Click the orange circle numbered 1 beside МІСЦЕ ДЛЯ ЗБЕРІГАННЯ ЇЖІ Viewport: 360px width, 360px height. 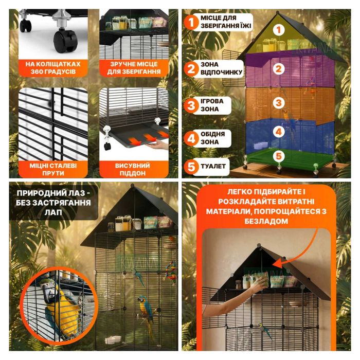[191, 22]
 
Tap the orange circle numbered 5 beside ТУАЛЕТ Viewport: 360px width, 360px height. [191, 167]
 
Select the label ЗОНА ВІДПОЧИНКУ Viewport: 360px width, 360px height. [221, 68]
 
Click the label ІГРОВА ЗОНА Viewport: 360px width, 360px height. [212, 105]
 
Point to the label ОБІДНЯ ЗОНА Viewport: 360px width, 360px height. [212, 138]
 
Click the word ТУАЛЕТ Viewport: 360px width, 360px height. [213, 166]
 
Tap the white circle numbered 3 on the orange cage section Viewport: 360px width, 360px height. [279, 103]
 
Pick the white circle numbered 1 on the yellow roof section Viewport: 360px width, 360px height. [279, 30]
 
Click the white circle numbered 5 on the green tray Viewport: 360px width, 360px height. [279, 156]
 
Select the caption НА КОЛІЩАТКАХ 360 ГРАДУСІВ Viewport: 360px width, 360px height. [53, 68]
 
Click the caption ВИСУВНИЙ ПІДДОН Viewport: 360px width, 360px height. [133, 169]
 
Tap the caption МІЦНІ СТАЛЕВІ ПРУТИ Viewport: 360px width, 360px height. [53, 169]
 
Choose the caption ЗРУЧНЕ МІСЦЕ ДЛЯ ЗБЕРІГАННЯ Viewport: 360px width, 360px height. [134, 68]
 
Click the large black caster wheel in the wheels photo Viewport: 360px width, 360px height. [65, 41]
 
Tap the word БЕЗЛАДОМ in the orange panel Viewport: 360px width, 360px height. [266, 221]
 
